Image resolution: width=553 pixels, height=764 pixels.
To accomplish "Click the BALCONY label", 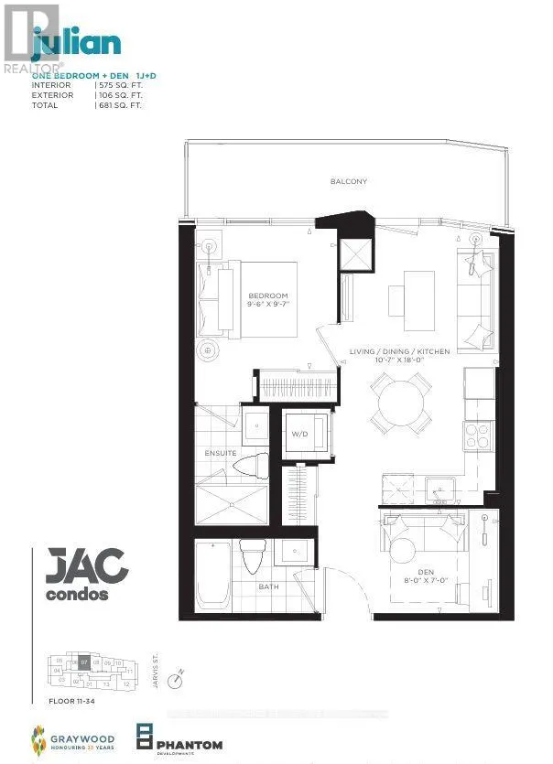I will point(349,181).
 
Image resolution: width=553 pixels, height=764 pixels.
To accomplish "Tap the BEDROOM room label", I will point(267,296).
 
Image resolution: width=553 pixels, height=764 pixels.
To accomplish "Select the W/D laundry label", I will point(300,434).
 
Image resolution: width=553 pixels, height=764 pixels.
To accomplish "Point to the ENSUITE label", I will point(221,453).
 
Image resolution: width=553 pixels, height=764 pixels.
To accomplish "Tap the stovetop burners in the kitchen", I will point(478,436).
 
